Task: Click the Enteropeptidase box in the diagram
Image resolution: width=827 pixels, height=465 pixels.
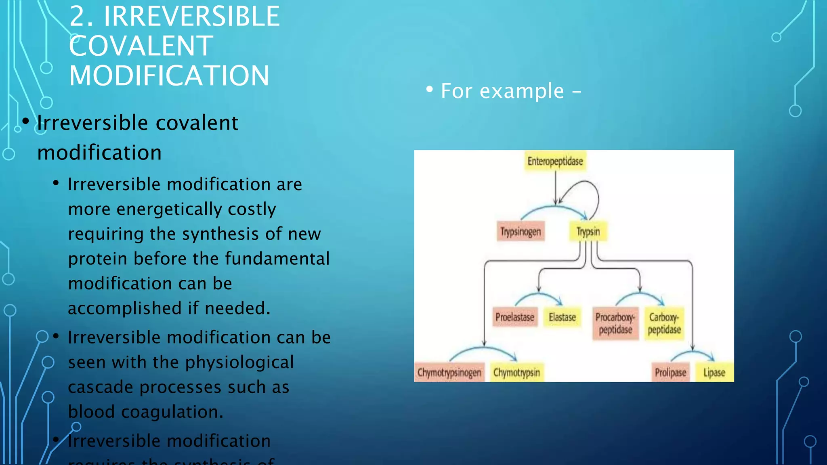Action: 555,161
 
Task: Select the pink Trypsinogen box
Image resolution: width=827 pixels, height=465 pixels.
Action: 521,232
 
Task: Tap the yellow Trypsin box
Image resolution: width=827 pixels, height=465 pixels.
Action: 588,232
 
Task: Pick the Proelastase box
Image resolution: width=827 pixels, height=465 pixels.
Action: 514,317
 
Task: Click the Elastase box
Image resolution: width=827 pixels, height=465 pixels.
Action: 562,317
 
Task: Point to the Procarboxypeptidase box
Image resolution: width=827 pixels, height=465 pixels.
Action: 615,323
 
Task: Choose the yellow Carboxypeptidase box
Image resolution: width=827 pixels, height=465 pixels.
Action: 664,323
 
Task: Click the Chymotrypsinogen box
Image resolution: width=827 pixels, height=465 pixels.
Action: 449,372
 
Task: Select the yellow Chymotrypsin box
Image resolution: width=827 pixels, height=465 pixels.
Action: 516,372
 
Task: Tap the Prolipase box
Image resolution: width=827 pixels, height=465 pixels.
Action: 670,372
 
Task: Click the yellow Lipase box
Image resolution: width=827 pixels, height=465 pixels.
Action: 714,372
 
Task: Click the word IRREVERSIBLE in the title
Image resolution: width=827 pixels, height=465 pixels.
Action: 191,17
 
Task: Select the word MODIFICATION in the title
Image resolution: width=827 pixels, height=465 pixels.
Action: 169,76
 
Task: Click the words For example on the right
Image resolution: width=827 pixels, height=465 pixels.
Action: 502,91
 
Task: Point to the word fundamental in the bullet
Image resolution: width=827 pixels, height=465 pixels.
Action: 277,259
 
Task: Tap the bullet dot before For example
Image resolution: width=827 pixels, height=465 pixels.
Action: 430,89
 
